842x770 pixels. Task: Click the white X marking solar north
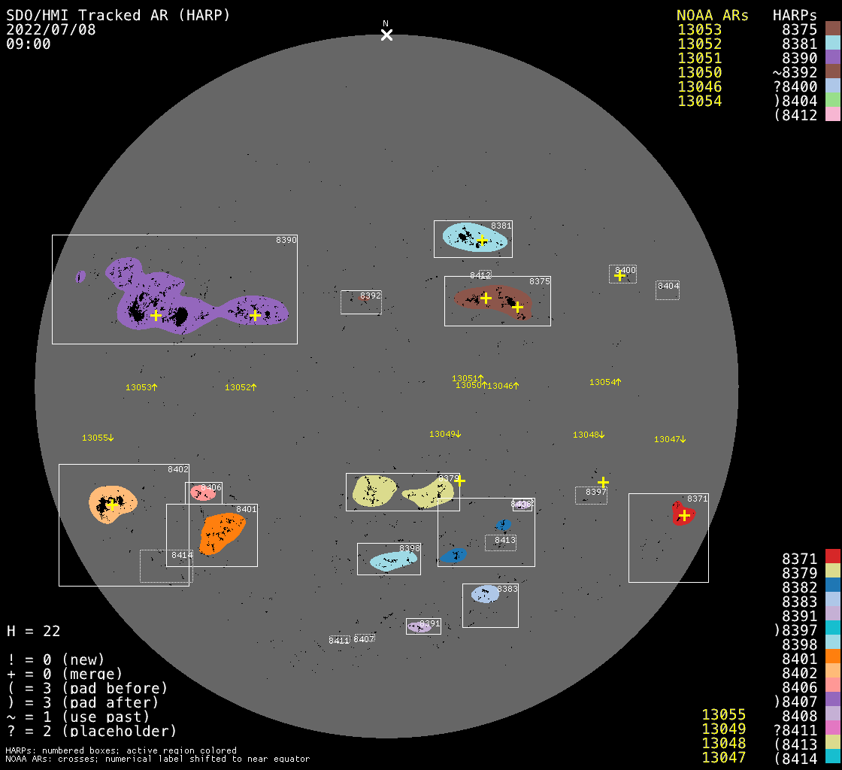tap(386, 35)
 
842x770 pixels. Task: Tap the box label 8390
tap(286, 240)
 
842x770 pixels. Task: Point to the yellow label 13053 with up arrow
tap(141, 387)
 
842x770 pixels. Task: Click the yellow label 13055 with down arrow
tap(98, 438)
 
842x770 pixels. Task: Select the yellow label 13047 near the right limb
tap(670, 439)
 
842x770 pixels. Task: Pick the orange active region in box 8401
tap(222, 532)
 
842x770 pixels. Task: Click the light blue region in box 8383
tap(485, 594)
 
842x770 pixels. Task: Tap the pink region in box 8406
tap(201, 493)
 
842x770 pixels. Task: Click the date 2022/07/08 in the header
tap(50, 30)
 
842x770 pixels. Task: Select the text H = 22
tap(33, 631)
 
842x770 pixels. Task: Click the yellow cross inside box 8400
tap(619, 275)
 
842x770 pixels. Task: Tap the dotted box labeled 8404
tap(668, 290)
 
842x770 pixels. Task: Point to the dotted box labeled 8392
tap(361, 302)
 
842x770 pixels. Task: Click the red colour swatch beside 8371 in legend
tap(832, 556)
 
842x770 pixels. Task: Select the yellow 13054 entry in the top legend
tap(699, 101)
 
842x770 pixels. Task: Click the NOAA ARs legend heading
tap(712, 16)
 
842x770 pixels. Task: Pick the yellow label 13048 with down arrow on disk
tap(589, 435)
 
